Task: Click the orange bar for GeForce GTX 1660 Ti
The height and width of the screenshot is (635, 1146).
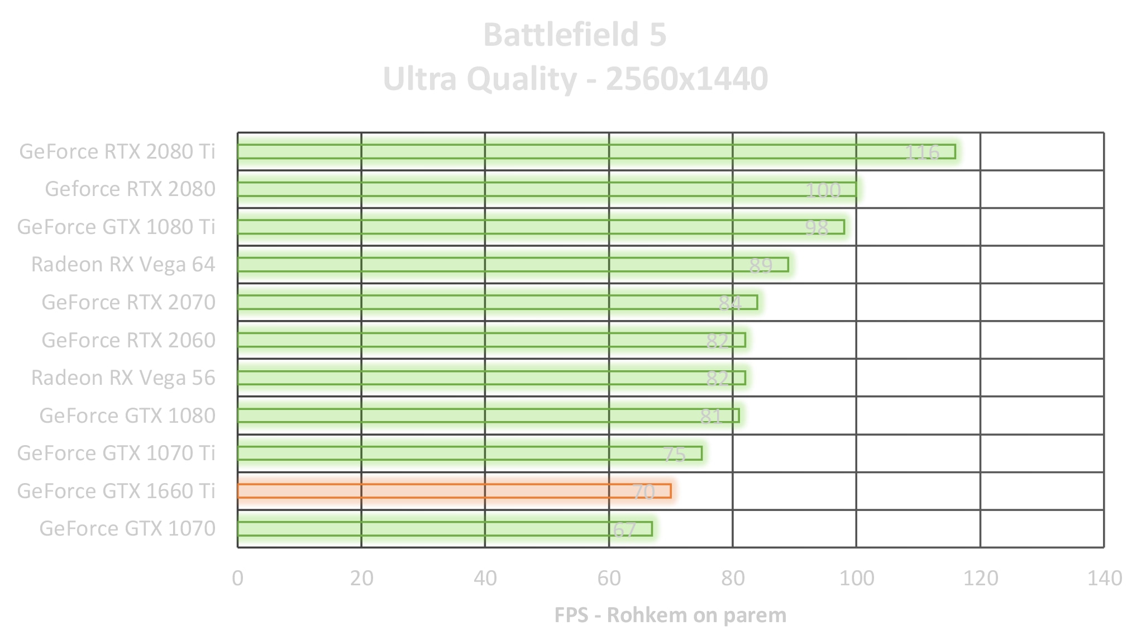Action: [x=453, y=491]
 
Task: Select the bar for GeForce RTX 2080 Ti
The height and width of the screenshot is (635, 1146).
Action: [x=596, y=151]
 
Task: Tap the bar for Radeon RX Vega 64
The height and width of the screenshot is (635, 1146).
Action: [x=513, y=265]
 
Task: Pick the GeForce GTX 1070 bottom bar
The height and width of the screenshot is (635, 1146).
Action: [x=445, y=528]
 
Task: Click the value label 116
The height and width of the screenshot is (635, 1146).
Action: [x=922, y=152]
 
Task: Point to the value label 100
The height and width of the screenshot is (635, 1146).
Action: [x=823, y=190]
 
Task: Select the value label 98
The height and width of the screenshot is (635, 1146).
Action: [x=816, y=228]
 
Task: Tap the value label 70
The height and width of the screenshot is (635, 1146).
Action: [x=643, y=492]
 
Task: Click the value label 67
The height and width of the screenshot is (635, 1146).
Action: [x=624, y=529]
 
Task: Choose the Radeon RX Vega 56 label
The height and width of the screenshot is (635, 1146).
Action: [x=123, y=378]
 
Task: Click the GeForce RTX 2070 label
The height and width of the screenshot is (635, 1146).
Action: [x=128, y=302]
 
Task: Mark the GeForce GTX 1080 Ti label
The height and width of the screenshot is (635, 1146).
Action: [x=116, y=227]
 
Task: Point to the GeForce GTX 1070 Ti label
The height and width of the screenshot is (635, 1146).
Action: [x=116, y=453]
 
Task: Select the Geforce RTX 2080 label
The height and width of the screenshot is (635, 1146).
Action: [x=130, y=189]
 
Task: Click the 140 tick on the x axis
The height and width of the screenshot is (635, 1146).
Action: [x=1104, y=578]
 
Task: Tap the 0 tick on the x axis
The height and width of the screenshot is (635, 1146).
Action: [x=238, y=578]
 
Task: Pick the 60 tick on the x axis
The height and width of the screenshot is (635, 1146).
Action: [x=609, y=578]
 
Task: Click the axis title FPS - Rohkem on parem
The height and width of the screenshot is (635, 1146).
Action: [x=670, y=615]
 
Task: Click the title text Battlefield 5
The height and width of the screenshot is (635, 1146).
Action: [x=575, y=35]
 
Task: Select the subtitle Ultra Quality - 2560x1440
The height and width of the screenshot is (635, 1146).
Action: [x=575, y=79]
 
